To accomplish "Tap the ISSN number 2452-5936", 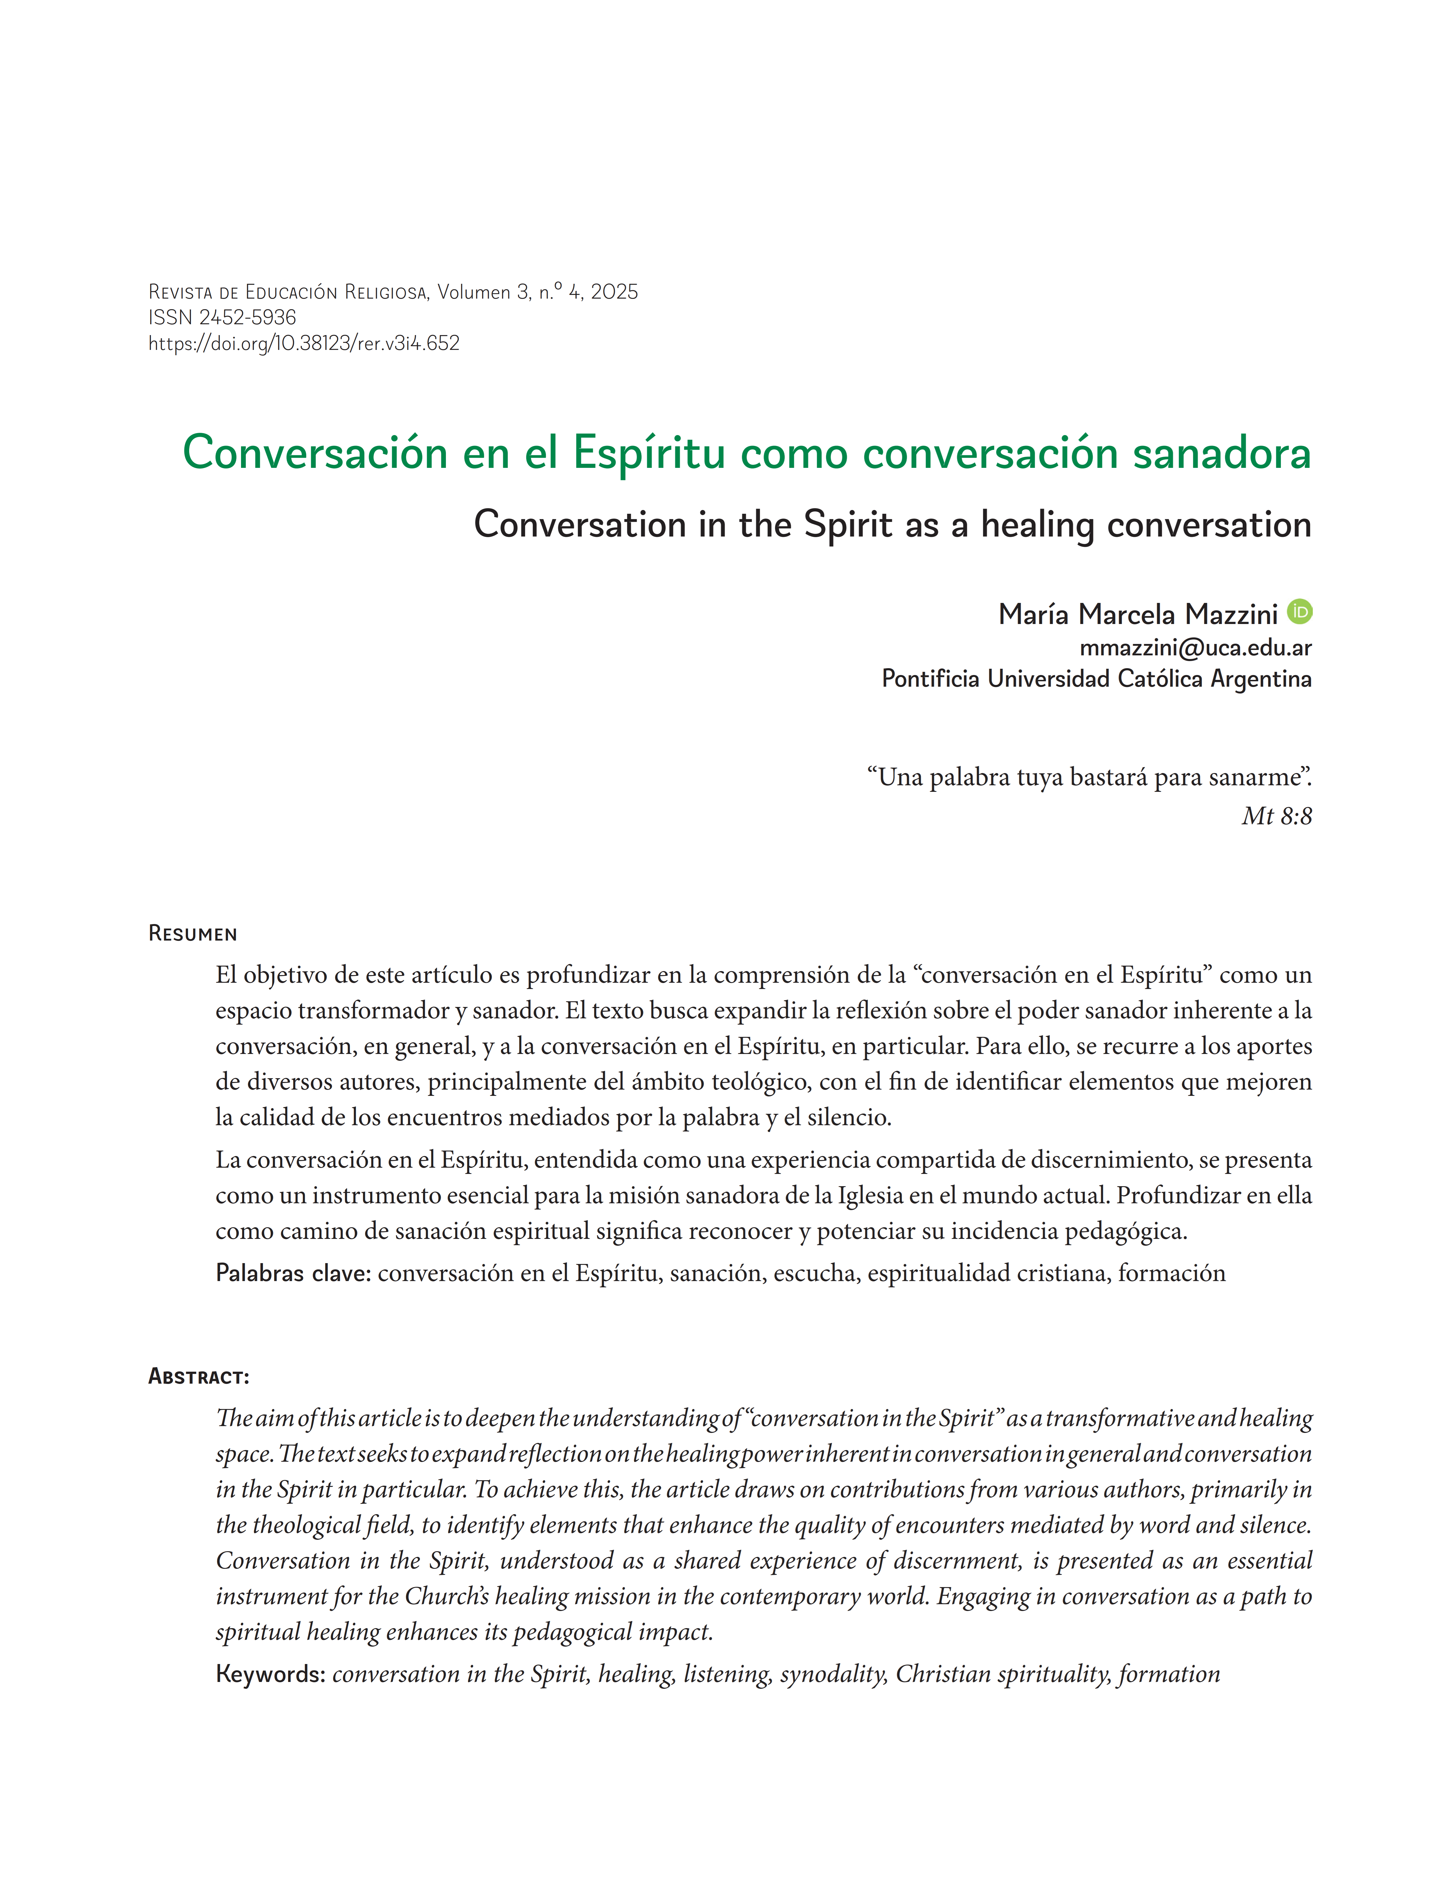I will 248,317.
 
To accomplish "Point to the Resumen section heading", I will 193,934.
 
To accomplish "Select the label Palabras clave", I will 292,1273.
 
